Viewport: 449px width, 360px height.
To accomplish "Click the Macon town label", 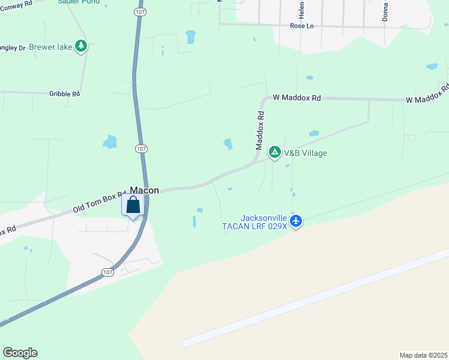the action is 145,190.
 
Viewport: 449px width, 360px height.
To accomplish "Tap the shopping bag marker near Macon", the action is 133,206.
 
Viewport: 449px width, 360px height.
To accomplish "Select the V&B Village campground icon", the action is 274,153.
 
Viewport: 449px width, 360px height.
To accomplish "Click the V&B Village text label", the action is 306,153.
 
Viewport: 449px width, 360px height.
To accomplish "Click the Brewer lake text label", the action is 50,46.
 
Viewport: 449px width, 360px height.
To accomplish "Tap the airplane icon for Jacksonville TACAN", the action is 295,221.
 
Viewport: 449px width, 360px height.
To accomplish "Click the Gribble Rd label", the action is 64,94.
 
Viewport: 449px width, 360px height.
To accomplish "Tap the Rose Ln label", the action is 302,26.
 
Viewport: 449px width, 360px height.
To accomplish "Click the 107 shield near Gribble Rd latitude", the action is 140,148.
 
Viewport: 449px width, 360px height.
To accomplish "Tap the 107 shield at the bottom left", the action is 107,272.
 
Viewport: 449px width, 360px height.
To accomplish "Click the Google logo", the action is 20,353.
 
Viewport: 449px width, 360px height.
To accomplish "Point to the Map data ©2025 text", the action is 423,355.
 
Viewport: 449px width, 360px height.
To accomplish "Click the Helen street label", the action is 301,9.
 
